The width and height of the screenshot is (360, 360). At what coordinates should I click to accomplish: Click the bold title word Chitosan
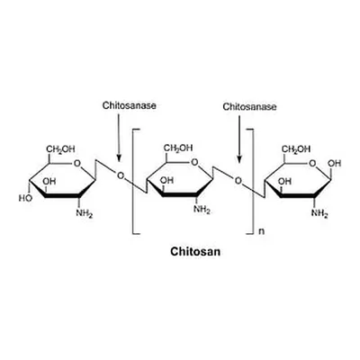pyautogui.click(x=195, y=251)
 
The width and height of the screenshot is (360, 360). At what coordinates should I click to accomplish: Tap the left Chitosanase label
pyautogui.click(x=130, y=105)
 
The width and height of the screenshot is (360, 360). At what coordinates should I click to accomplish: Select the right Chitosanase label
pyautogui.click(x=249, y=107)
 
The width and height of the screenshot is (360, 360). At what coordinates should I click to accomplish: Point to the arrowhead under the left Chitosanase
pyautogui.click(x=119, y=158)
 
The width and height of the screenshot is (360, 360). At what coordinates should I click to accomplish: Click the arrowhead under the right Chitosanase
pyautogui.click(x=239, y=159)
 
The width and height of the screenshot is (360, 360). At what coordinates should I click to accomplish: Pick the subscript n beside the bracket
pyautogui.click(x=261, y=232)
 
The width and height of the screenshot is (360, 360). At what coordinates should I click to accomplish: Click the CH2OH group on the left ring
pyautogui.click(x=60, y=149)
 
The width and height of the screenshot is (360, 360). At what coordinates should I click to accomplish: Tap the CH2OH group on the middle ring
pyautogui.click(x=178, y=148)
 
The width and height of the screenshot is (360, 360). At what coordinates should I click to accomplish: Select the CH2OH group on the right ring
pyautogui.click(x=296, y=149)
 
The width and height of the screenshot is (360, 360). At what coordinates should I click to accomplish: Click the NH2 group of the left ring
pyautogui.click(x=85, y=213)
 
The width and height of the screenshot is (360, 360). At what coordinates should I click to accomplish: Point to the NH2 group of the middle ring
pyautogui.click(x=202, y=209)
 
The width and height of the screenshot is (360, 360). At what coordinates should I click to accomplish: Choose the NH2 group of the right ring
pyautogui.click(x=319, y=213)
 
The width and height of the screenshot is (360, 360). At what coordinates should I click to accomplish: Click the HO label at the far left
pyautogui.click(x=25, y=198)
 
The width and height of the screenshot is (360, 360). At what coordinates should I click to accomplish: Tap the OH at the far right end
pyautogui.click(x=335, y=164)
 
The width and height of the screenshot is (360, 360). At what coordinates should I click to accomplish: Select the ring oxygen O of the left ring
pyautogui.click(x=77, y=164)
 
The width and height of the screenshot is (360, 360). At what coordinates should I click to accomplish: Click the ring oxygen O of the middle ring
pyautogui.click(x=194, y=163)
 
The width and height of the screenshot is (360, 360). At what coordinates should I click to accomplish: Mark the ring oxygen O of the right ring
pyautogui.click(x=312, y=164)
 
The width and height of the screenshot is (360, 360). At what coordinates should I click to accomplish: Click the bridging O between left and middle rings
pyautogui.click(x=120, y=175)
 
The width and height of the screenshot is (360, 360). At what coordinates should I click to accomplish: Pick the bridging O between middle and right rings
pyautogui.click(x=238, y=181)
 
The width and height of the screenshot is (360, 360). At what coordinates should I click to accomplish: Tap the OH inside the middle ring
pyautogui.click(x=166, y=180)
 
